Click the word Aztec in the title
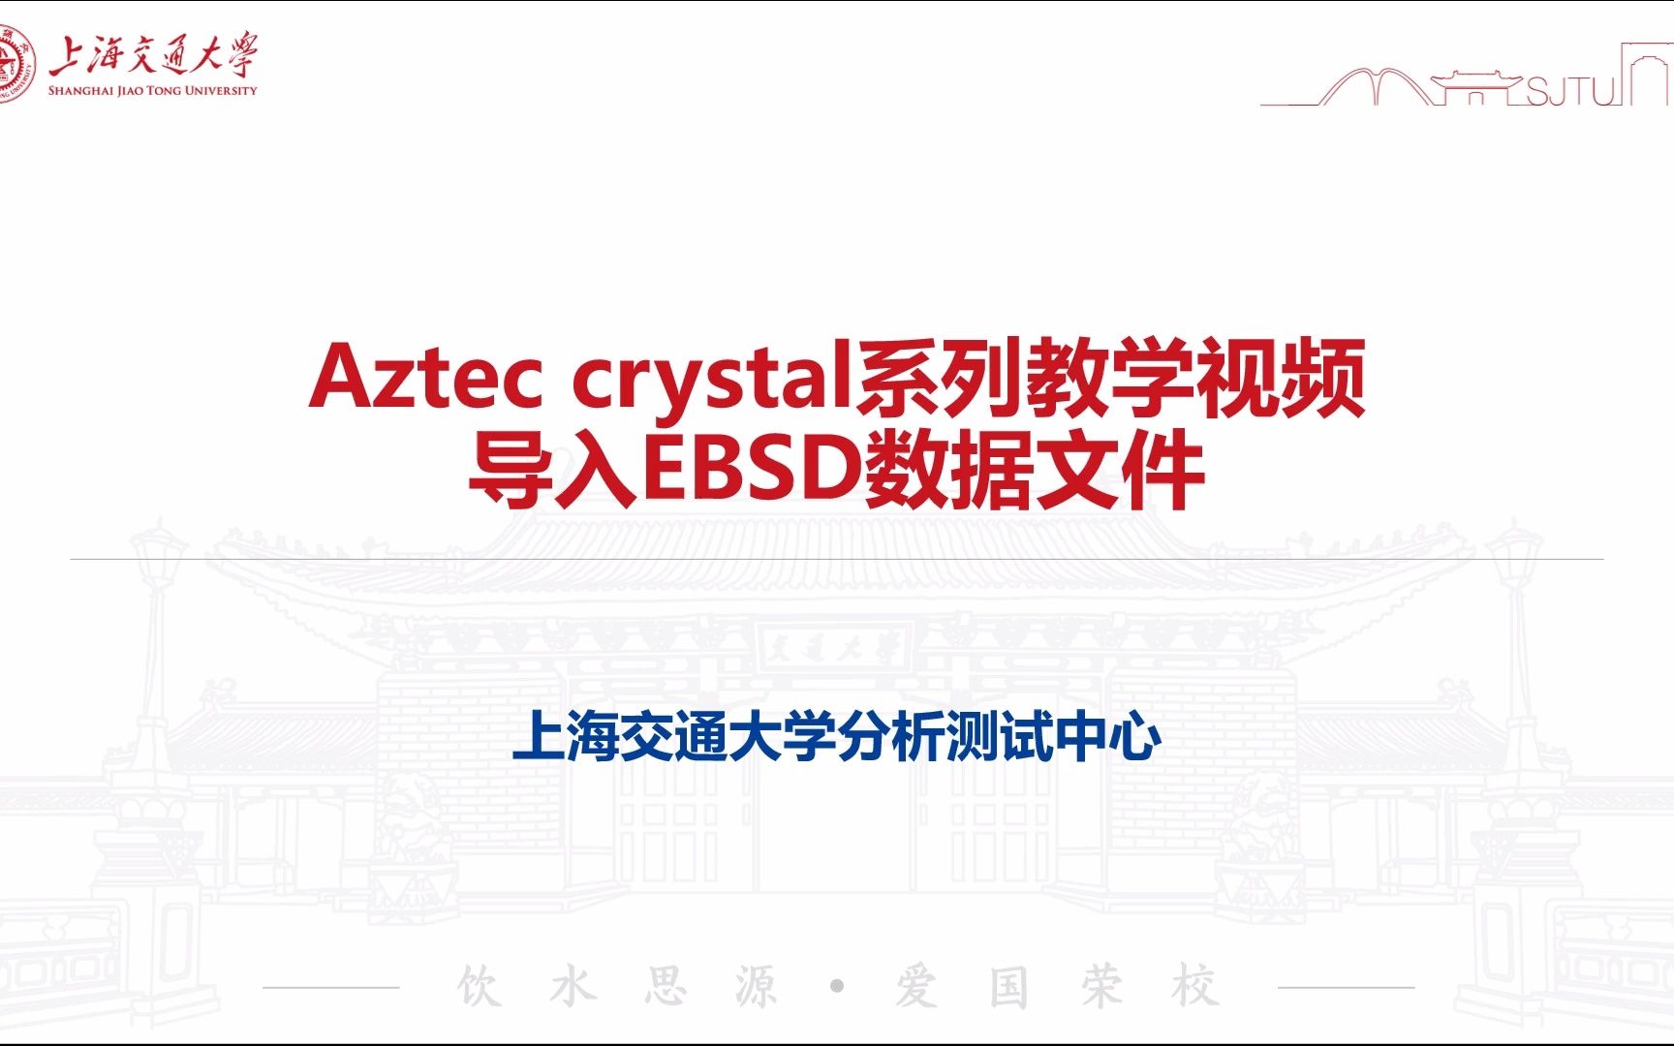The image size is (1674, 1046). click(x=425, y=378)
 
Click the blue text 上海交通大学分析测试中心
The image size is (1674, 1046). click(x=836, y=738)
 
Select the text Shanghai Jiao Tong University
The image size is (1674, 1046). click(x=153, y=91)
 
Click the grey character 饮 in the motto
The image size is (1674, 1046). click(x=480, y=987)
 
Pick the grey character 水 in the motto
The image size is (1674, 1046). click(x=573, y=987)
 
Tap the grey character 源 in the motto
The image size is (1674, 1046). click(x=756, y=987)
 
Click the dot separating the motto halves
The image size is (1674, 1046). click(x=837, y=987)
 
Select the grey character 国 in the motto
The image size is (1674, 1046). click(x=1008, y=987)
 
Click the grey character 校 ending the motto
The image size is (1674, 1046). click(x=1193, y=987)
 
